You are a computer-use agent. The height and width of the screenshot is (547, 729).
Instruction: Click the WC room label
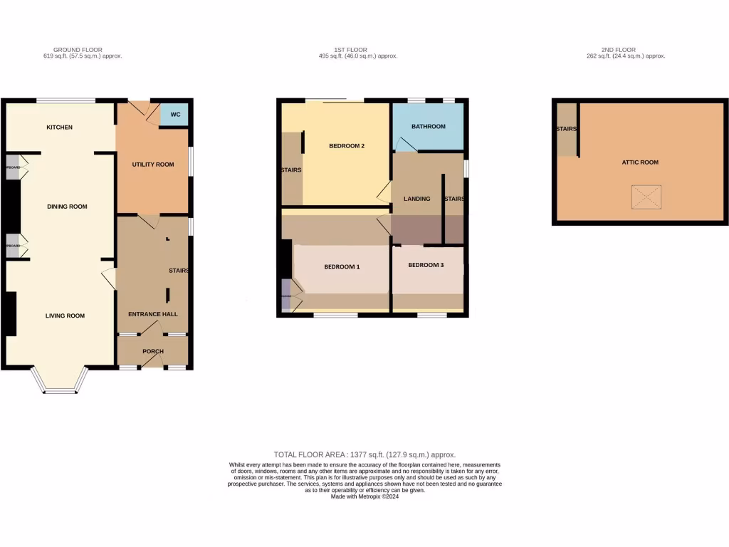[x=174, y=114]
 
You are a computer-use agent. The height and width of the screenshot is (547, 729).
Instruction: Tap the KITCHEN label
[x=59, y=127]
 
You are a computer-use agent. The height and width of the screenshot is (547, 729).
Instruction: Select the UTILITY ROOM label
[x=152, y=165]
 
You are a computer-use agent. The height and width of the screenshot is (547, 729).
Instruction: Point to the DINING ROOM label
[x=67, y=207]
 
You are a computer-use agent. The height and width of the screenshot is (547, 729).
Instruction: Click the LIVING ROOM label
[x=65, y=316]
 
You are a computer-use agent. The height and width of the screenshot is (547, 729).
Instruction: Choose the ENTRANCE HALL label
[x=152, y=314]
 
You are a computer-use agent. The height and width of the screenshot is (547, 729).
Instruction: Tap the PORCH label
[x=153, y=351]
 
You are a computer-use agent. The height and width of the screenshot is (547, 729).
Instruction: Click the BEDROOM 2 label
[x=347, y=146]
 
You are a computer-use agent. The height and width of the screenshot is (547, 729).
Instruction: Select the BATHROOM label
[x=428, y=127]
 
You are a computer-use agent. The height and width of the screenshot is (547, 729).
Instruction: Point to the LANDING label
[x=416, y=199]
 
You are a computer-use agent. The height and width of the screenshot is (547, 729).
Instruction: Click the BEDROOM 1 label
[x=342, y=267]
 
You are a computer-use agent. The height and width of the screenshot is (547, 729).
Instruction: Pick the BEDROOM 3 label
[x=426, y=265]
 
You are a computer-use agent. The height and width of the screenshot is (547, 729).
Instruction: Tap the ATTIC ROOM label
[x=639, y=162]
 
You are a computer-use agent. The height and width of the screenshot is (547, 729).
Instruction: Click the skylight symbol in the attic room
[x=646, y=197]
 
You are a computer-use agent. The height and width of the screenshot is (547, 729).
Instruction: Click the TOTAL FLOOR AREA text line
[x=364, y=454]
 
